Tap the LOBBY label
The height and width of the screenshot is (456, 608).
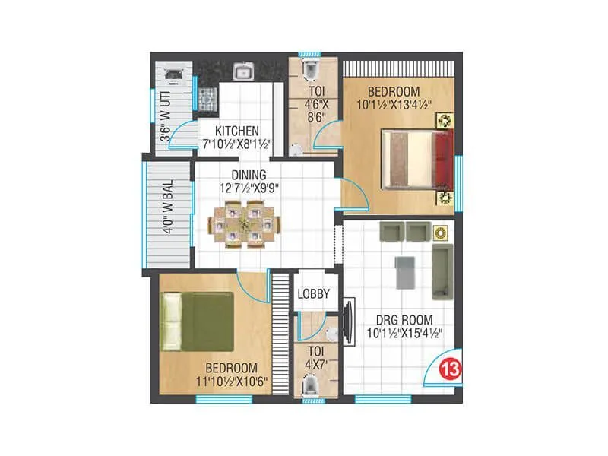pos(312,294)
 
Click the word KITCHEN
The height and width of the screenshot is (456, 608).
pos(237,131)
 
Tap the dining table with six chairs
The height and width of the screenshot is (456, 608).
pos(245,224)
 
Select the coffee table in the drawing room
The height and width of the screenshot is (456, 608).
pos(404,271)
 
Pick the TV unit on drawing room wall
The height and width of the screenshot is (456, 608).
pos(349,319)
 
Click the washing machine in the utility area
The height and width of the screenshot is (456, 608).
pos(173,74)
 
